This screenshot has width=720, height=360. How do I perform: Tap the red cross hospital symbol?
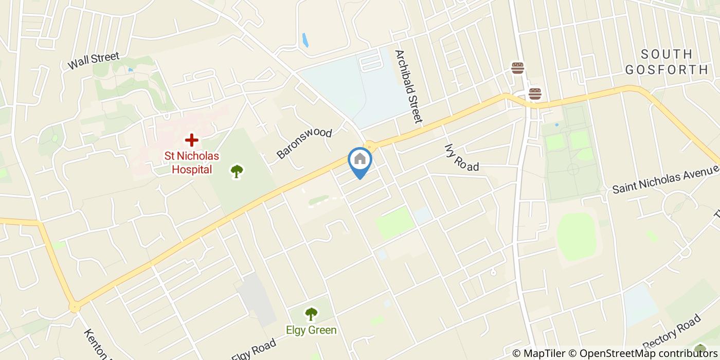click(x=191, y=139)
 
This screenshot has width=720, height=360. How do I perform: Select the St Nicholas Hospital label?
click(x=191, y=163)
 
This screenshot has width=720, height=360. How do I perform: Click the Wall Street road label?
click(x=94, y=61)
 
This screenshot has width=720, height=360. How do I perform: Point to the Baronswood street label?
click(x=304, y=143)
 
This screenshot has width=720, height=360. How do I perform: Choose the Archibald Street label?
click(x=408, y=86)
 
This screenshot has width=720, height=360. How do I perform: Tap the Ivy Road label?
click(x=461, y=157)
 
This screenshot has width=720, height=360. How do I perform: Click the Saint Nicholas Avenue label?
click(x=664, y=179)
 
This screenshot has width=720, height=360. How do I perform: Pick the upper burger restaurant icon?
click(x=517, y=67)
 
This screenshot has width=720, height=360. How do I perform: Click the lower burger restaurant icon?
click(x=535, y=94)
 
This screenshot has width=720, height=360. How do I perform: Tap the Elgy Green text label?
click(x=312, y=330)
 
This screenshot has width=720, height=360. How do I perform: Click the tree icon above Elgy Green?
click(x=311, y=314)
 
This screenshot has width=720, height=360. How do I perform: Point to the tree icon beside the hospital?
click(x=237, y=171)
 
